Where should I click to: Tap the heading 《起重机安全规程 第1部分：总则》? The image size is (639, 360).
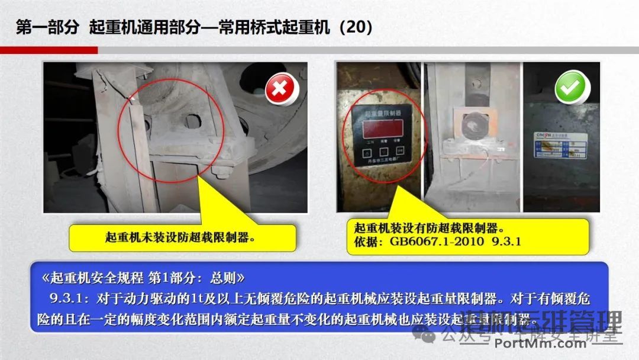[143, 278]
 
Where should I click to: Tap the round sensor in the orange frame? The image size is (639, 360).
[472, 125]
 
